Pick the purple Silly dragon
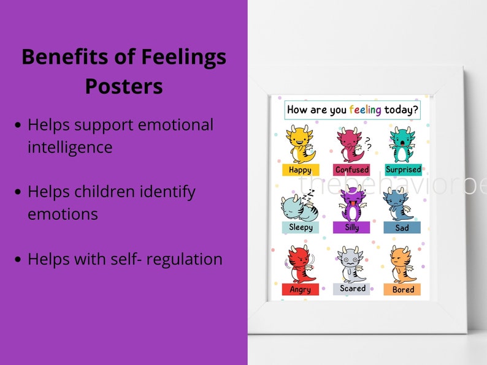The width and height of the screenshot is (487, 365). [x=352, y=204]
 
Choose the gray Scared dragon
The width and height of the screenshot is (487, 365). [x=352, y=263]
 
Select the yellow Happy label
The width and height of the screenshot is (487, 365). [x=300, y=170]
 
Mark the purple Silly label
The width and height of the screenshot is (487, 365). [x=352, y=227]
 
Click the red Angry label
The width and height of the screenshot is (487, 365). [x=300, y=289]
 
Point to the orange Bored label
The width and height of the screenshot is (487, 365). [x=402, y=289]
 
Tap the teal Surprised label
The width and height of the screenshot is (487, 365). [x=402, y=169]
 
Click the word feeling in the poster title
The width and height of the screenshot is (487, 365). [x=366, y=110]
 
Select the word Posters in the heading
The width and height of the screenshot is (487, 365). [x=124, y=86]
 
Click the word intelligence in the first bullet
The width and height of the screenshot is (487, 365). [x=70, y=147]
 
